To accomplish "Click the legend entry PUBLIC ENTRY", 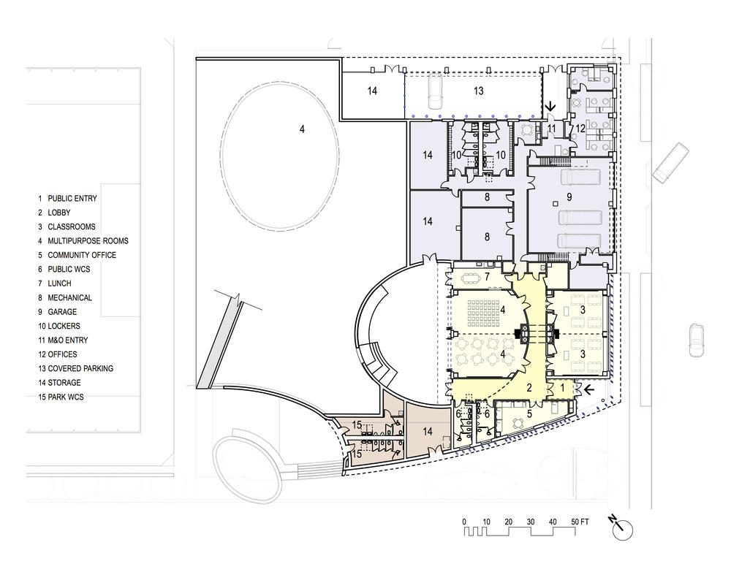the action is [72, 199].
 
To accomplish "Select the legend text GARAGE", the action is [62, 312].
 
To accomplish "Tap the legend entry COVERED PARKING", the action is [80, 368].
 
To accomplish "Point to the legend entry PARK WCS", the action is [66, 397].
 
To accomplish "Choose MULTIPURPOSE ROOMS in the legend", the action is [88, 241].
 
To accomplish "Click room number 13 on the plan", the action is [478, 91].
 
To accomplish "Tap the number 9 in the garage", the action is [569, 197].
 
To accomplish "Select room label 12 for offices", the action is [580, 128].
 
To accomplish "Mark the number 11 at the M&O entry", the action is [551, 128].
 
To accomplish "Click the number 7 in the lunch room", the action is [487, 277].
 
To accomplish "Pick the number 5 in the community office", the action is [529, 414].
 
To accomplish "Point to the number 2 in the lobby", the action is [529, 387].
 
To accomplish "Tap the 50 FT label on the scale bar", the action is [580, 522].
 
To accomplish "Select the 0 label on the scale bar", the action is [464, 522].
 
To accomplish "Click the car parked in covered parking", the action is [436, 91].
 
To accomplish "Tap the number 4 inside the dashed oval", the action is [302, 129].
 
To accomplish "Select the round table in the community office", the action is [518, 423].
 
